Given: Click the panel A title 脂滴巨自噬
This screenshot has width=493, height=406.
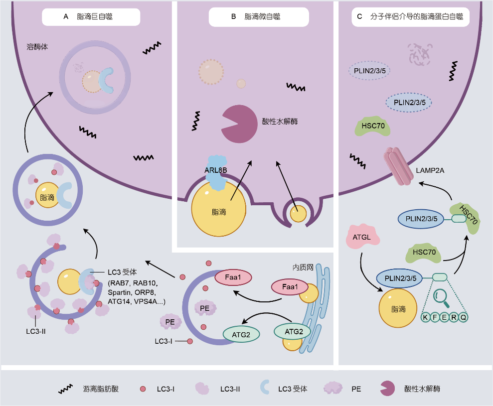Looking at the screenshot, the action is pyautogui.click(x=95, y=16).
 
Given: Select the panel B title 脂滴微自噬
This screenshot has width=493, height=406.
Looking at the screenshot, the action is pyautogui.click(x=262, y=16).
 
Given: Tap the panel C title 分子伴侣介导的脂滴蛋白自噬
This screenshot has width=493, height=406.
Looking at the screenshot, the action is pyautogui.click(x=417, y=16).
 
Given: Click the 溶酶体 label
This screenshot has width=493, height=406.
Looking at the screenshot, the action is pyautogui.click(x=37, y=47).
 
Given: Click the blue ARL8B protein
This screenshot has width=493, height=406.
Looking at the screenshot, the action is pyautogui.click(x=217, y=172).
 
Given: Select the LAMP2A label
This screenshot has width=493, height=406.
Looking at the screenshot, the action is pyautogui.click(x=430, y=171).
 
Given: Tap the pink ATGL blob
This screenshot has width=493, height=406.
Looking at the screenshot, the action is pyautogui.click(x=362, y=237).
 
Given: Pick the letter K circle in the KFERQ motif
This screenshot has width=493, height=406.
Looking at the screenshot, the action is pyautogui.click(x=425, y=317).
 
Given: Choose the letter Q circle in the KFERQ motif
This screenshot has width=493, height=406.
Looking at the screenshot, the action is pyautogui.click(x=463, y=317).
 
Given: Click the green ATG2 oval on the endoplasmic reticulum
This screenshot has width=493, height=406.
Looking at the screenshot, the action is pyautogui.click(x=293, y=331).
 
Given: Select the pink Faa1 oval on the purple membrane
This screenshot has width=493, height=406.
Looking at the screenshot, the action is pyautogui.click(x=233, y=277).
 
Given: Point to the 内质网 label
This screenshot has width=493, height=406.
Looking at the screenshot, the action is pyautogui.click(x=303, y=268).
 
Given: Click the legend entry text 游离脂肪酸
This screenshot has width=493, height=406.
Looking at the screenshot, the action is pyautogui.click(x=101, y=389).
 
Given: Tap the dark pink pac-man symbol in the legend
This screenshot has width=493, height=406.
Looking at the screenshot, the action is pyautogui.click(x=387, y=389).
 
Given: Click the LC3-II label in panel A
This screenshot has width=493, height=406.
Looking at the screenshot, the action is pyautogui.click(x=36, y=331).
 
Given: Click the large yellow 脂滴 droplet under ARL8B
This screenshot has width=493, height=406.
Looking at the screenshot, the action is pyautogui.click(x=219, y=209).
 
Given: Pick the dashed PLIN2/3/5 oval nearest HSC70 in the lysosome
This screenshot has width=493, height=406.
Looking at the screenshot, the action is pyautogui.click(x=409, y=103).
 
